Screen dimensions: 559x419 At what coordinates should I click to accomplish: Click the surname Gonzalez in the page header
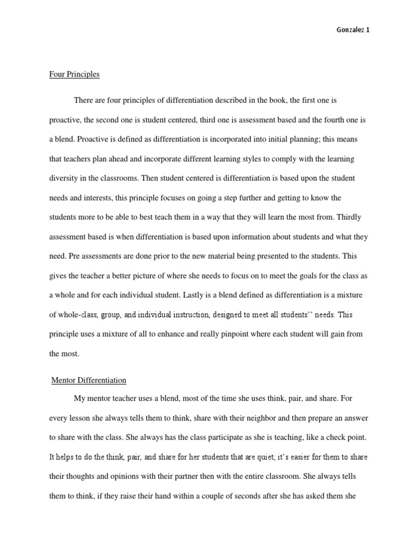(348, 30)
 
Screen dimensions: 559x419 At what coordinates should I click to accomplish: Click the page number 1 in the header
(368, 30)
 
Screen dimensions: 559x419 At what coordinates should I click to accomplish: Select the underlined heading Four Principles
(74, 74)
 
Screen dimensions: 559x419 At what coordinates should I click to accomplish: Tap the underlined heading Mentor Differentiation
(89, 380)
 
